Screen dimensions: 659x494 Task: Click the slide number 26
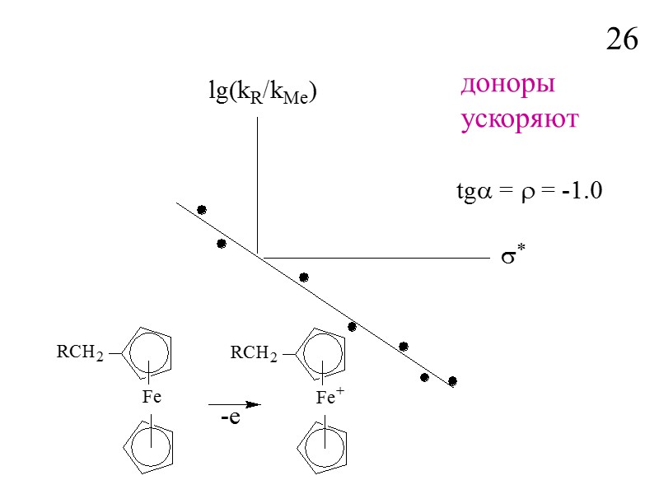622,40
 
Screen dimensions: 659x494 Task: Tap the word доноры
507,85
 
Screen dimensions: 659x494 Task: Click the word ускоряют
519,119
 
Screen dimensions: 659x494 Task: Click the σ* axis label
514,257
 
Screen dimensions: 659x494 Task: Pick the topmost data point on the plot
202,210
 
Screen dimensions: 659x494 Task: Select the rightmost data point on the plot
452,380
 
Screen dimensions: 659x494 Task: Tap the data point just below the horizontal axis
304,277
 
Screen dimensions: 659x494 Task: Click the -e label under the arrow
230,418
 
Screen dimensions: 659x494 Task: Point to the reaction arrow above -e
235,404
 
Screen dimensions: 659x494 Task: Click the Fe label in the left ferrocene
151,397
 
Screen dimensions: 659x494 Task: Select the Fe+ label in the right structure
329,397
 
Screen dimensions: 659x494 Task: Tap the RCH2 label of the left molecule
79,353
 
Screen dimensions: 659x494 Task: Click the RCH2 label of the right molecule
253,353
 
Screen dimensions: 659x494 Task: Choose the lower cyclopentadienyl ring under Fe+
325,447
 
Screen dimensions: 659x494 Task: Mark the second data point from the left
222,244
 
